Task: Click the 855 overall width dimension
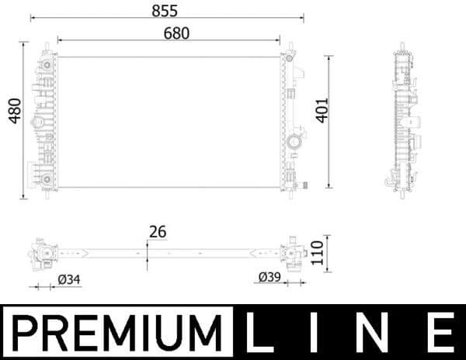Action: [x=165, y=10]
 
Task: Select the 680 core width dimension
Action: [x=176, y=33]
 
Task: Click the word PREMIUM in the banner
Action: [x=116, y=332]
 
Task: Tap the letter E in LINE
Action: [x=440, y=332]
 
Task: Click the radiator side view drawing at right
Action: [x=405, y=116]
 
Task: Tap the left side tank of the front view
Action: [x=46, y=120]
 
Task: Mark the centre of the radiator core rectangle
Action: [x=169, y=122]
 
